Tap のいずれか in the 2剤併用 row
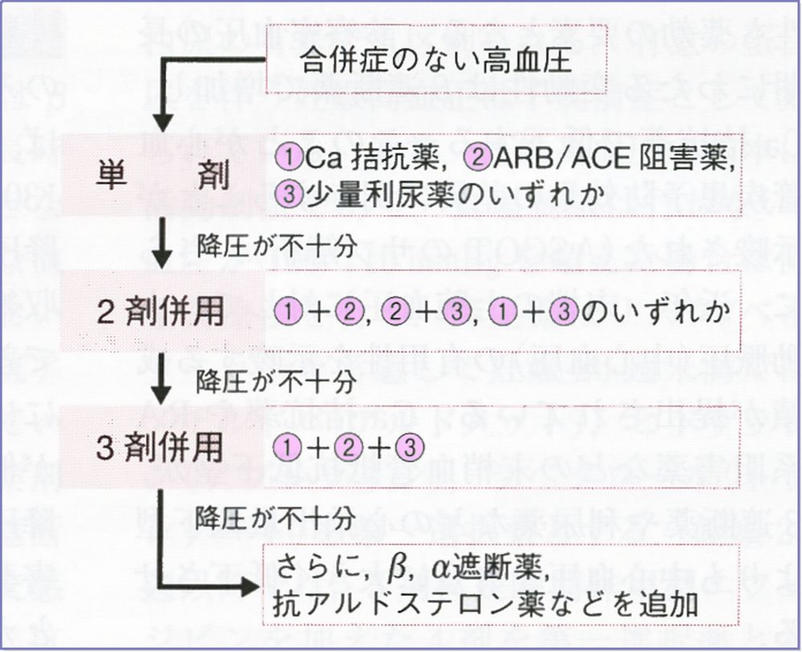[650, 312]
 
